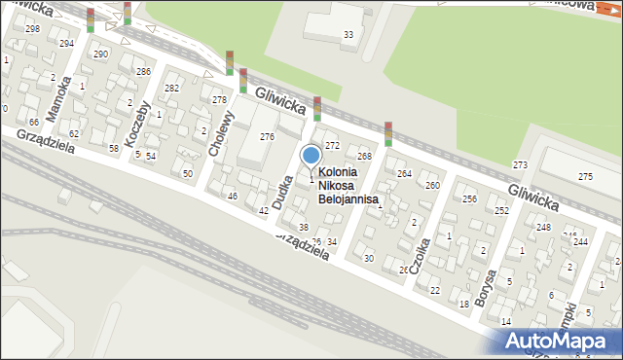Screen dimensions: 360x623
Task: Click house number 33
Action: pyautogui.click(x=348, y=36)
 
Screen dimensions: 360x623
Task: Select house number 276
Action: pyautogui.click(x=267, y=137)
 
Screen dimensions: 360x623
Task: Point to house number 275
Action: pyautogui.click(x=585, y=176)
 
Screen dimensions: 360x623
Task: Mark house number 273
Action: pyautogui.click(x=520, y=164)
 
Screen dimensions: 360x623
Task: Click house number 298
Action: pyautogui.click(x=33, y=29)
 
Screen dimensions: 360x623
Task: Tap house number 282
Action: pyautogui.click(x=171, y=89)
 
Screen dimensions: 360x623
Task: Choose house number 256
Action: pyautogui.click(x=469, y=198)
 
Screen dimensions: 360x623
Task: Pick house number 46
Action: pyautogui.click(x=232, y=197)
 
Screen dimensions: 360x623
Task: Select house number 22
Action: pyautogui.click(x=434, y=290)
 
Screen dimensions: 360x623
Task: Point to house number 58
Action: pyautogui.click(x=113, y=148)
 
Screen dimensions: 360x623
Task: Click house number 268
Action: pyautogui.click(x=364, y=157)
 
